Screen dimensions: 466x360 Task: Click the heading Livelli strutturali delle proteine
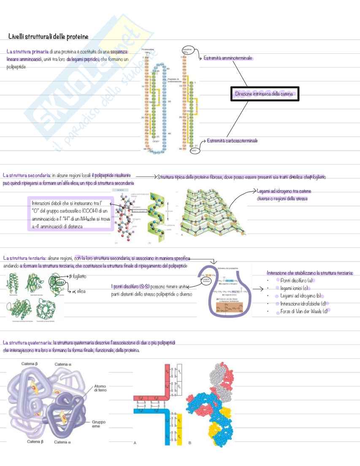pyautogui.click(x=48, y=37)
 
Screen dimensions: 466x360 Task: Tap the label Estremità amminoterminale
pyautogui.click(x=228, y=58)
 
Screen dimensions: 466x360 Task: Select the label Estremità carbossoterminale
pyautogui.click(x=232, y=140)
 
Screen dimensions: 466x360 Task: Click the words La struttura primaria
pyautogui.click(x=27, y=52)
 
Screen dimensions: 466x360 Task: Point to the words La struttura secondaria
pyautogui.click(x=26, y=175)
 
